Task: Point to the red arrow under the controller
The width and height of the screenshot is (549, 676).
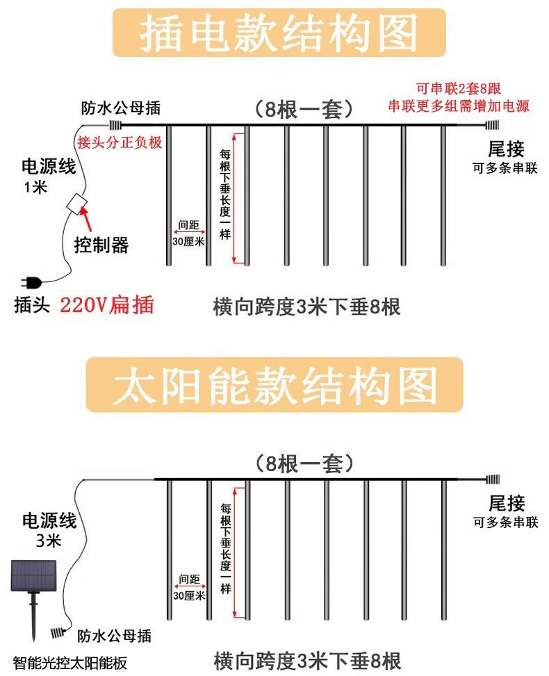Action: (x=87, y=222)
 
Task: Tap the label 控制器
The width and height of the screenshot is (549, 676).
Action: (x=101, y=245)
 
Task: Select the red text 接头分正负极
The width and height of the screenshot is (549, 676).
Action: (x=120, y=142)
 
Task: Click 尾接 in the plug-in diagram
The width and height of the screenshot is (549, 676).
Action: (x=505, y=148)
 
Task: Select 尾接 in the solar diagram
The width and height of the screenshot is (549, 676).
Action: (x=506, y=503)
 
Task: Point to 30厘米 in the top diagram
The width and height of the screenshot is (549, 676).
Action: (x=188, y=242)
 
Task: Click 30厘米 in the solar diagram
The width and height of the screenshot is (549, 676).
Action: (x=188, y=595)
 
